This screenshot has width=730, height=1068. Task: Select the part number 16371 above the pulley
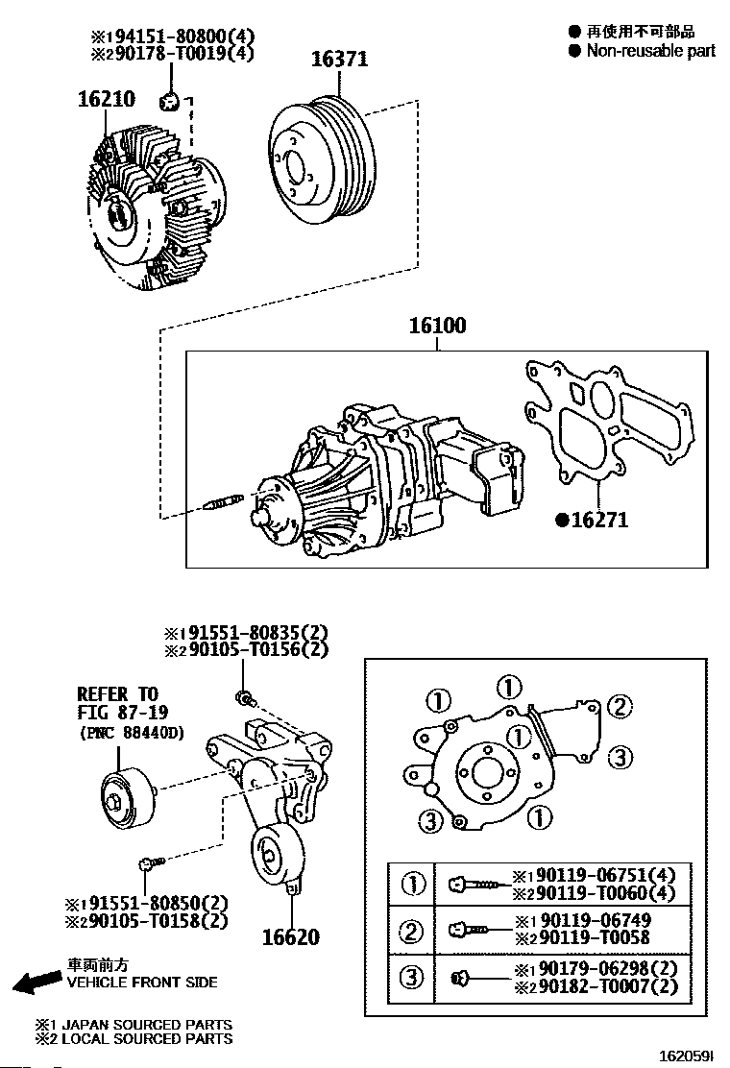point(339,60)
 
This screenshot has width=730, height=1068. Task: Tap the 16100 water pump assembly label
point(437,327)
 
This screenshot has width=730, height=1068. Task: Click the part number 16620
point(290,936)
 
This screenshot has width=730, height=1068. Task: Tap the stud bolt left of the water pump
point(226,503)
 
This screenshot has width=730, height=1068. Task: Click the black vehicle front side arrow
point(36,982)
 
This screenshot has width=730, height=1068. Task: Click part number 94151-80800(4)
point(181,36)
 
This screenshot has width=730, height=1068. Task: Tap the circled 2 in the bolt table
point(412,931)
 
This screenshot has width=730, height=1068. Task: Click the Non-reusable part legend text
point(650,51)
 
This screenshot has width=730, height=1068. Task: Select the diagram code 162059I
point(684,1055)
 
